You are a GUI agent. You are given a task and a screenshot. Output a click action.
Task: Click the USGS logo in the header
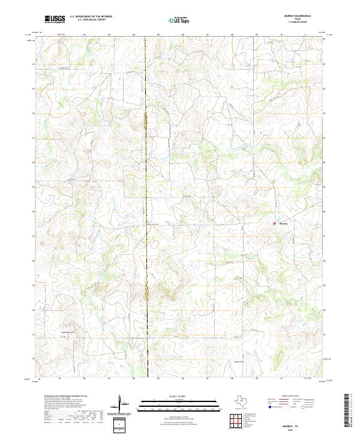point(55,20)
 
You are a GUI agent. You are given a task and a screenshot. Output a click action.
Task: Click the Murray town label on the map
point(283,224)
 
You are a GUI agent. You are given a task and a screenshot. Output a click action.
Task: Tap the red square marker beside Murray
point(275,224)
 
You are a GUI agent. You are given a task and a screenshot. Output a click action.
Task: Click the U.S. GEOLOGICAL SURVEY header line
point(91,20)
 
